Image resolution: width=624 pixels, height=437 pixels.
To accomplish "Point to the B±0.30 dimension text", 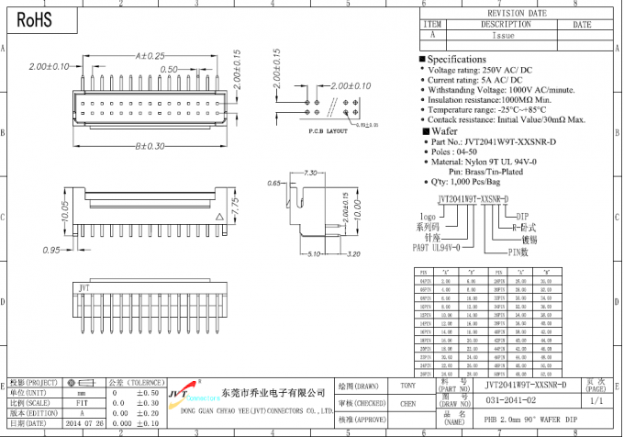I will click(x=150, y=146).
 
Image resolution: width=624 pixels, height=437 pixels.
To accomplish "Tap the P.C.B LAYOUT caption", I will click(x=306, y=132).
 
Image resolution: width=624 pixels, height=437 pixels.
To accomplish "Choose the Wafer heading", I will click(x=444, y=132).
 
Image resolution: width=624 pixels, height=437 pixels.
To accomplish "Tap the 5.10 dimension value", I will click(x=313, y=254).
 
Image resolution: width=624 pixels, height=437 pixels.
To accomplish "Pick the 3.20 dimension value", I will click(x=351, y=254).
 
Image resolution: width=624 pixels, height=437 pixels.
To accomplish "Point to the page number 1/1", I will click(x=596, y=402).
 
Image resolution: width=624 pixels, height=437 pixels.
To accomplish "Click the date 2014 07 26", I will click(x=84, y=425).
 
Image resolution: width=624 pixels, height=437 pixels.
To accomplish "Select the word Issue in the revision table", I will click(x=504, y=36).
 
